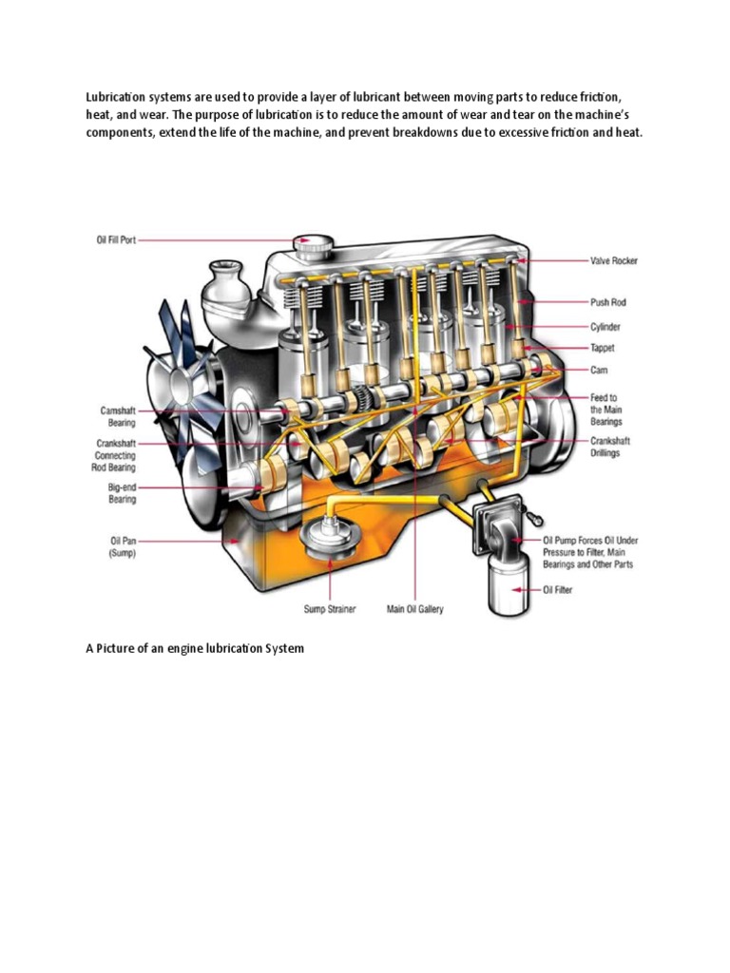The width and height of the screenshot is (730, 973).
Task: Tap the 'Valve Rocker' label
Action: point(613,259)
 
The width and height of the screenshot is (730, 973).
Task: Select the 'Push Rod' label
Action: point(607,302)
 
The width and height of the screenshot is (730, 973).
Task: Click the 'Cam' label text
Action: point(599,370)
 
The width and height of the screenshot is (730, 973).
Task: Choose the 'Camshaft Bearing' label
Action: point(119,416)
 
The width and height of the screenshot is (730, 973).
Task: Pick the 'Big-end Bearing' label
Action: point(122,492)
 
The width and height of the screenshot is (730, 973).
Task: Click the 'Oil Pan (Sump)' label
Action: point(122,546)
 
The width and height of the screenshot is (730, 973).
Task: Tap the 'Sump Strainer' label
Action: point(328,609)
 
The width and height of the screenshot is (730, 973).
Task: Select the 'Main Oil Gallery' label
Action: point(414,609)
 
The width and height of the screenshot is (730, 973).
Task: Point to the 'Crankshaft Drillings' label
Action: point(610,447)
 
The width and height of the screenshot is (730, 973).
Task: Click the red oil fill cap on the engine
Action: point(310,245)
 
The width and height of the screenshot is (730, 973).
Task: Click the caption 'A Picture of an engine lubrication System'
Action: point(195,648)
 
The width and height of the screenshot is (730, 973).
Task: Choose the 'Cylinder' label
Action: point(605,326)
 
